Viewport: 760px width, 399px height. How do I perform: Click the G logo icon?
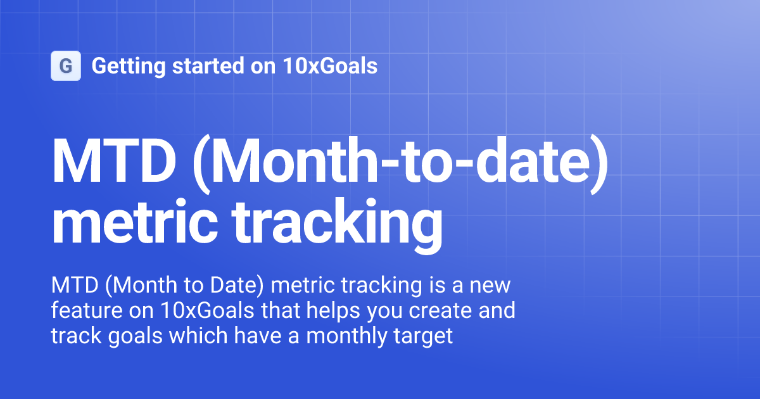click(x=66, y=66)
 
